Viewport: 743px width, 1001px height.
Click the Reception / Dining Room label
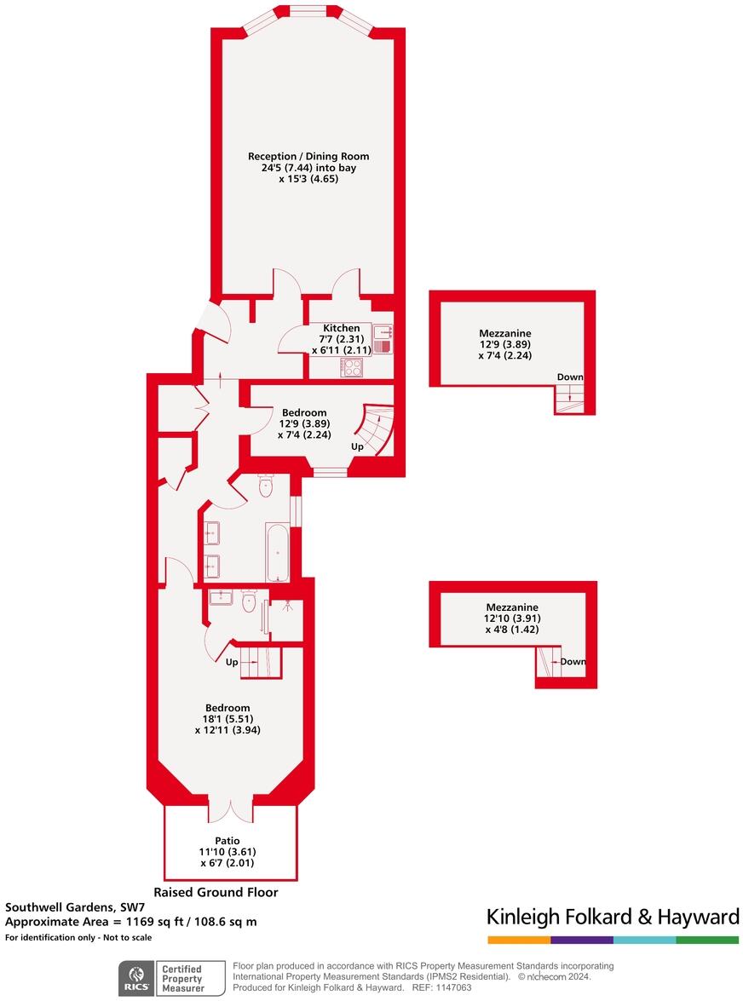pos(308,156)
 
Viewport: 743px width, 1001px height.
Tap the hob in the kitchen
pos(352,367)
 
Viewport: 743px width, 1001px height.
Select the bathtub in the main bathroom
pos(278,551)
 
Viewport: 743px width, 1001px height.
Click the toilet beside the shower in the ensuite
pos(248,603)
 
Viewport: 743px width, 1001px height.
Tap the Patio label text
pos(228,840)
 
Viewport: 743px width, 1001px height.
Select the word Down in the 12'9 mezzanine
pos(570,377)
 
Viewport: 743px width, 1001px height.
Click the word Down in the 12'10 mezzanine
pos(573,662)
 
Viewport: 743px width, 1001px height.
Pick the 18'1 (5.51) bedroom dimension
pos(228,718)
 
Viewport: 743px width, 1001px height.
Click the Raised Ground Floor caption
pos(216,893)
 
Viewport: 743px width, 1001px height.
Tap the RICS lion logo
pos(135,977)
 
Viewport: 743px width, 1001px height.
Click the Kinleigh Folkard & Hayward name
pos(613,917)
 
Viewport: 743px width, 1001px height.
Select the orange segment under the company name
pos(518,940)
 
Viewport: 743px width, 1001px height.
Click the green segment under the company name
pos(707,940)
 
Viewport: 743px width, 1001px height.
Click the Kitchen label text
pos(341,328)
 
